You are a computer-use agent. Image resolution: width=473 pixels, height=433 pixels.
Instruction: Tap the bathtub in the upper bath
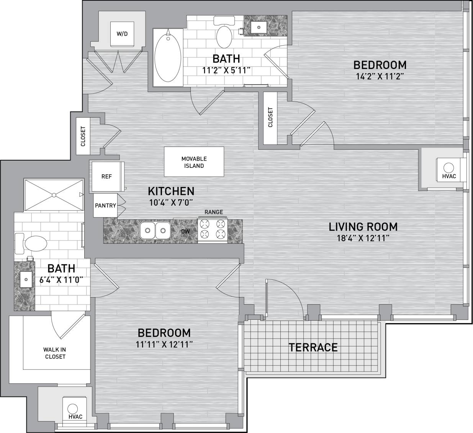167,57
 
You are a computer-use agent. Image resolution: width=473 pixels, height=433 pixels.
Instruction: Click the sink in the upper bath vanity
260,27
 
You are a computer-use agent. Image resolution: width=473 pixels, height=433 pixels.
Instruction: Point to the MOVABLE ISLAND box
194,162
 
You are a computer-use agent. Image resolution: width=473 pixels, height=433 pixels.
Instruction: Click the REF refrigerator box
106,177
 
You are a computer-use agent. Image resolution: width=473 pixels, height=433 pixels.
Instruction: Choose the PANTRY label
105,205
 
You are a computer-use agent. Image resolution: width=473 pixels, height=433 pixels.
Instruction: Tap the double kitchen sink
155,231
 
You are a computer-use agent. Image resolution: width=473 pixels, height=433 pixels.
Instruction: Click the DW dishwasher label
185,231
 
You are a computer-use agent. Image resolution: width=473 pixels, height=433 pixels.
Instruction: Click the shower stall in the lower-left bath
54,195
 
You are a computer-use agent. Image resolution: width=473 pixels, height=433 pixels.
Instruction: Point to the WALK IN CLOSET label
54,353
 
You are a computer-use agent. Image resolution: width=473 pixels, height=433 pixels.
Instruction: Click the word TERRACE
313,347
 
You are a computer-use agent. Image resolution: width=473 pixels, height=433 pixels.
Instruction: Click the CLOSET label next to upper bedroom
270,117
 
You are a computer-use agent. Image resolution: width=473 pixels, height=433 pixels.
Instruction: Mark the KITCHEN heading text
171,191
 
